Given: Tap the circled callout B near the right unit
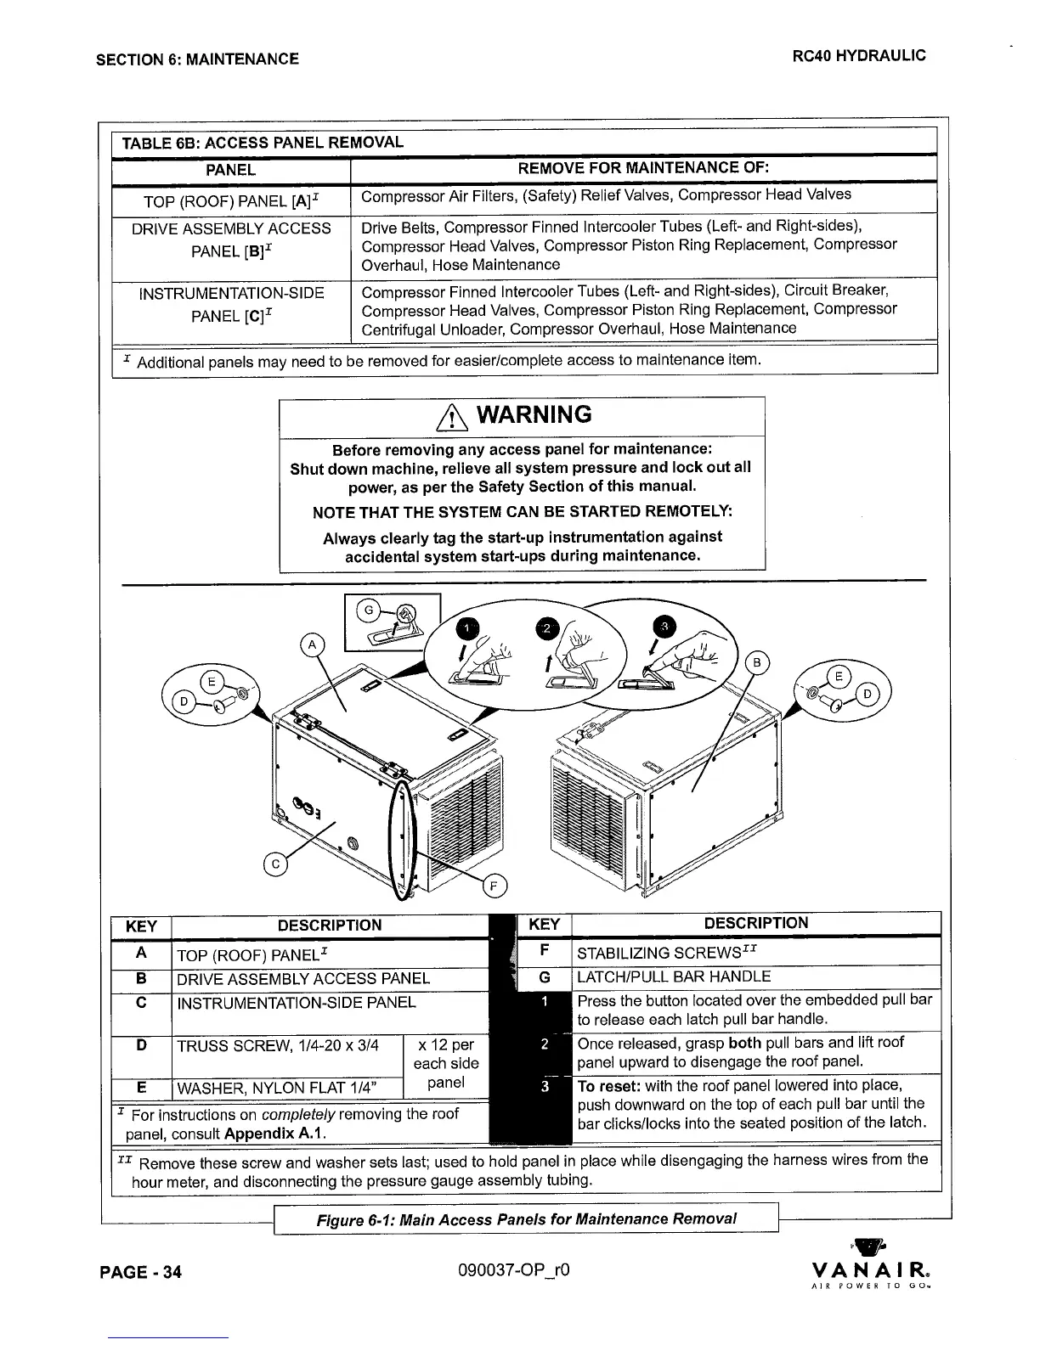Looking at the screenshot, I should point(756,663).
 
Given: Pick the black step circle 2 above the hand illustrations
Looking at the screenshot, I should point(548,627).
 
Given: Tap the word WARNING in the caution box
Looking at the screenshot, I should point(534,415).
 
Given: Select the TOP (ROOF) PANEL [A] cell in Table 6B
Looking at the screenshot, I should point(231,200).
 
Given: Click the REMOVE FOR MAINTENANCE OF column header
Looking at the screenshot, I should point(643,168).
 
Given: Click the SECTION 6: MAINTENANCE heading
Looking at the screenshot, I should point(197,59).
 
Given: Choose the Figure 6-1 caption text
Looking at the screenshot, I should point(526,1219).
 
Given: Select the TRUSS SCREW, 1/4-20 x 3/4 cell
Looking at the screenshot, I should point(277,1044).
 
